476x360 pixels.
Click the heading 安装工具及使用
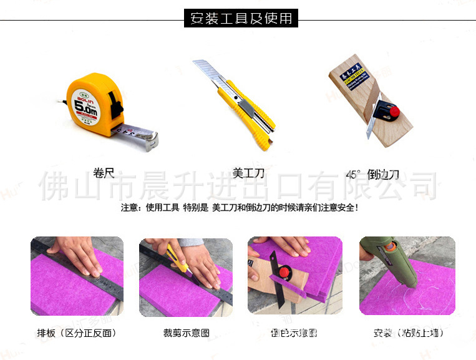pos(241,18)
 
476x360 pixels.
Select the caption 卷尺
pos(104,173)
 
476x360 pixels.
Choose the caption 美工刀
pos(248,173)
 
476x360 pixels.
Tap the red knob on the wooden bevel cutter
pos(394,111)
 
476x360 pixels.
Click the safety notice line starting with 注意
pos(240,207)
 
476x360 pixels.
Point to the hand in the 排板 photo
pos(78,259)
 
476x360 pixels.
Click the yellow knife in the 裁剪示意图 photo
pos(179,262)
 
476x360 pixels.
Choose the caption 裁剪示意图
pos(185,333)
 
